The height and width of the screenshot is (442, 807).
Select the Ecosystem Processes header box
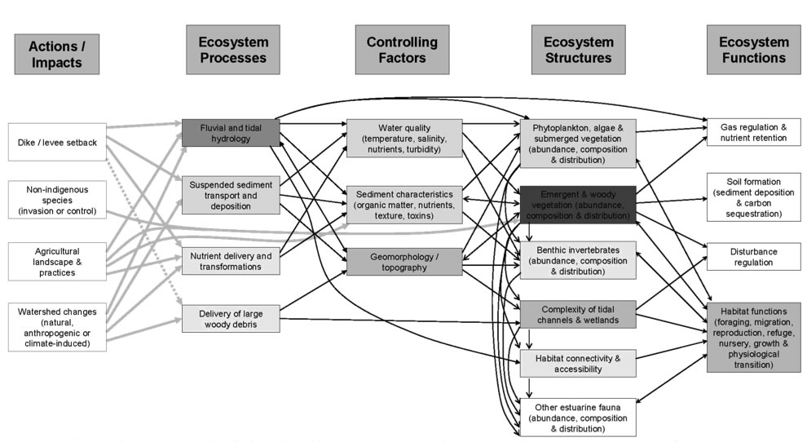(x=232, y=50)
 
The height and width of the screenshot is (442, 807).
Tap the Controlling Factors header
(x=402, y=50)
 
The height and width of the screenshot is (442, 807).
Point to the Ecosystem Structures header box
(x=578, y=50)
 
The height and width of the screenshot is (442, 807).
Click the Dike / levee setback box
(x=57, y=143)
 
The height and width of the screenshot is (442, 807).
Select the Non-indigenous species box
(x=57, y=199)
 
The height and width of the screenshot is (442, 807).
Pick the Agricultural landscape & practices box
(x=57, y=260)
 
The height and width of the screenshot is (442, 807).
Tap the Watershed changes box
(x=57, y=327)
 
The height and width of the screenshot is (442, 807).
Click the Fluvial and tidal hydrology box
(x=230, y=133)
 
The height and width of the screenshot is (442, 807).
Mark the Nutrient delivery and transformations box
(x=230, y=261)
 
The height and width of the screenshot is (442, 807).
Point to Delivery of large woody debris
(x=230, y=319)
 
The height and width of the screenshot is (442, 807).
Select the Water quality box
(x=403, y=139)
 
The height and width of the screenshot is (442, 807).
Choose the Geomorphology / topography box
(x=403, y=261)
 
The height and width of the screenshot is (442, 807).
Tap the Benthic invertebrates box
(x=578, y=260)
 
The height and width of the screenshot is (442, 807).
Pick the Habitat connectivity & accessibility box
(x=578, y=364)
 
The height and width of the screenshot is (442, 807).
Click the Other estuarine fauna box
(x=578, y=417)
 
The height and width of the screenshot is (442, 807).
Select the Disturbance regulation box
(x=752, y=256)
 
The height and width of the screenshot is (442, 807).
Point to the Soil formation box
(x=752, y=197)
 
